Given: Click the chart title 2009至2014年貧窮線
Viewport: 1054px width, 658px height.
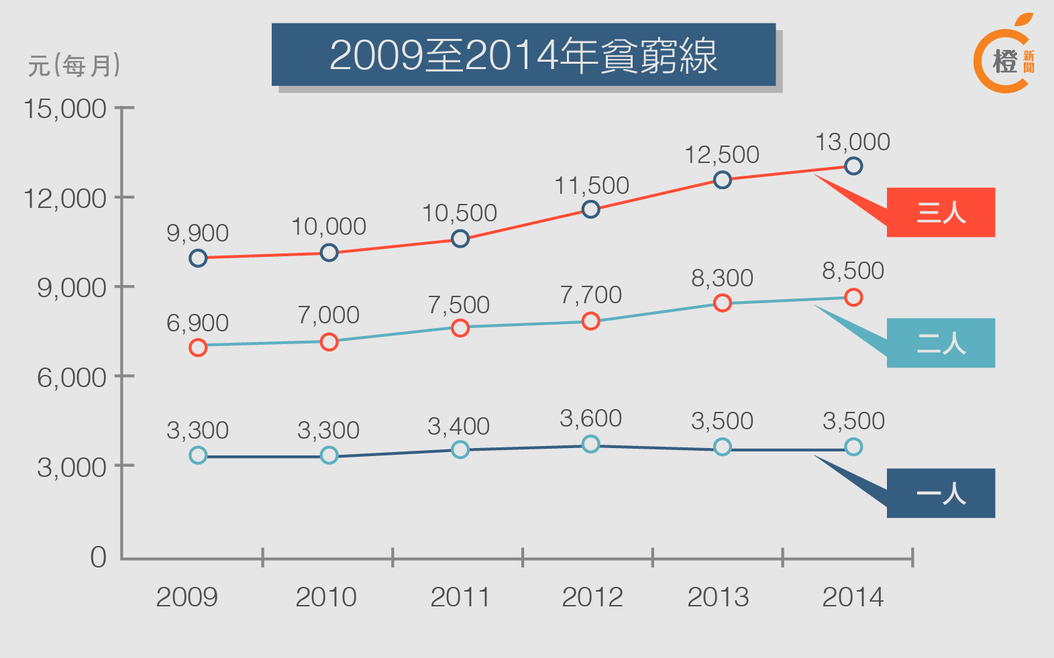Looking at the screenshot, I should pos(523,55).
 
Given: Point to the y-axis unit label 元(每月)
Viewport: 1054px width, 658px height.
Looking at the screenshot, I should pos(74,66).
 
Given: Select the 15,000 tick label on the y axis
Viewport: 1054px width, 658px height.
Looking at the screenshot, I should pos(65,109).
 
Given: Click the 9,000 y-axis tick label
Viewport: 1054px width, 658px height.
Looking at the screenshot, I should pos(71,288).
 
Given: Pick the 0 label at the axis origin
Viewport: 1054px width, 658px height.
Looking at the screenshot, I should pos(98,557).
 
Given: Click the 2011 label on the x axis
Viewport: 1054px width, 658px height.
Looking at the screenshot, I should pos(460,597).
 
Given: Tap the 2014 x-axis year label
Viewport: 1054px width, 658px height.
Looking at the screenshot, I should pos(853,597).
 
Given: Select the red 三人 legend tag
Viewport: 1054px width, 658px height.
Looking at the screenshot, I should pos(941,213).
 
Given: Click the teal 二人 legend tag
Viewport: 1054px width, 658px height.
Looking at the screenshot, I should pos(941,343).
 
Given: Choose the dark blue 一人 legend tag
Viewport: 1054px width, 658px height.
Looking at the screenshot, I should pos(941,494).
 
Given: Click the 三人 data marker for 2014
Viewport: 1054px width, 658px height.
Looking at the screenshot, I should pos(853,166).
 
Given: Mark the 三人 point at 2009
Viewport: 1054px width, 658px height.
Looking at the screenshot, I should pos(198,258).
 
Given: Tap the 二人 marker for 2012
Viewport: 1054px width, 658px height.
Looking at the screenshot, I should pos(590,321).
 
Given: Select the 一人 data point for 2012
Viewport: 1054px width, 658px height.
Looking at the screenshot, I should pos(590,444).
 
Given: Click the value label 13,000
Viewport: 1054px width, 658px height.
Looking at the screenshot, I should pos(852,142).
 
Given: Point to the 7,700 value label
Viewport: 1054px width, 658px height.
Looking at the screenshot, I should pos(590,294).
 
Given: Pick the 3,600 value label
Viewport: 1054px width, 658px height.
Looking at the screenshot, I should pos(590,419).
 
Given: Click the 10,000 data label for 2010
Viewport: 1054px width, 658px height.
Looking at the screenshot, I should pos(329,227).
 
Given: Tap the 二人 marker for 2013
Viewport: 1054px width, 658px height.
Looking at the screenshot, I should pos(722,303).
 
